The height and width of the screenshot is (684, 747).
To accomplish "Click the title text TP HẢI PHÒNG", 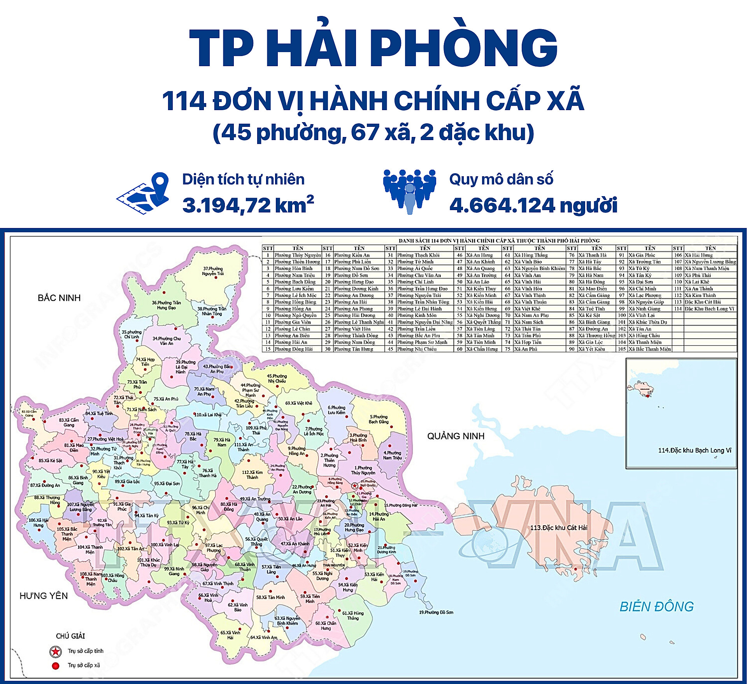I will [x=373, y=49].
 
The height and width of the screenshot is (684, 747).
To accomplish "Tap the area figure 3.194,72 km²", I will [x=248, y=205].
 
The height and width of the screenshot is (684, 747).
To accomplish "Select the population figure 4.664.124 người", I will [x=533, y=205].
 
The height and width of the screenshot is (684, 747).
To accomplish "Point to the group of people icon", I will [x=409, y=191].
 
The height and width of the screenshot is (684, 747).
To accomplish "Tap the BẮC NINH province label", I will [x=59, y=298].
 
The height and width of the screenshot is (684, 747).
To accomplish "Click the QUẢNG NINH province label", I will [x=456, y=436].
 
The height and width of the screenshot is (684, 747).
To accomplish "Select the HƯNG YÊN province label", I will [x=44, y=596].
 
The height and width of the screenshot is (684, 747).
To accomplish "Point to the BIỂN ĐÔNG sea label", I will [x=656, y=607].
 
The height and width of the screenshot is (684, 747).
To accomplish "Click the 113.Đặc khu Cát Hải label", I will [x=559, y=528].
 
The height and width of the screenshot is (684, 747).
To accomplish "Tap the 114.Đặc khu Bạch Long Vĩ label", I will [x=694, y=451].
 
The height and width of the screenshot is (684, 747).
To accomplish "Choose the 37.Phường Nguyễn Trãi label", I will [x=213, y=271].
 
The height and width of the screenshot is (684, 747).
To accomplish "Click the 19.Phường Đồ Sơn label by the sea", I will [x=436, y=612].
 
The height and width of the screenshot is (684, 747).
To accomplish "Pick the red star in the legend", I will [x=56, y=651].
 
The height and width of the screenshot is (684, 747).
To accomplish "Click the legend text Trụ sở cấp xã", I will [x=84, y=665].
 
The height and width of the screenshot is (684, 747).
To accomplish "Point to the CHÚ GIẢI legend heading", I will [x=70, y=636].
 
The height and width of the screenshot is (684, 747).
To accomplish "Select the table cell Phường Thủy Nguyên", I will [x=298, y=255].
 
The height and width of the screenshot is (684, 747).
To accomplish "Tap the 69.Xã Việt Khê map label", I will [x=298, y=403].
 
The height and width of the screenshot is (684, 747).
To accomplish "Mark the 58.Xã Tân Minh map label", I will [x=270, y=597].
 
